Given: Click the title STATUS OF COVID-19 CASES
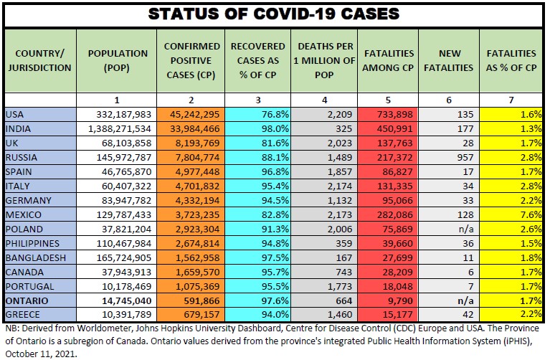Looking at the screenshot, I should [275, 14].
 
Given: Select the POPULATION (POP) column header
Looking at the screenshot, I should [118, 60].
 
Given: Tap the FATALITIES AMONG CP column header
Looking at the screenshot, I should [389, 60].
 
